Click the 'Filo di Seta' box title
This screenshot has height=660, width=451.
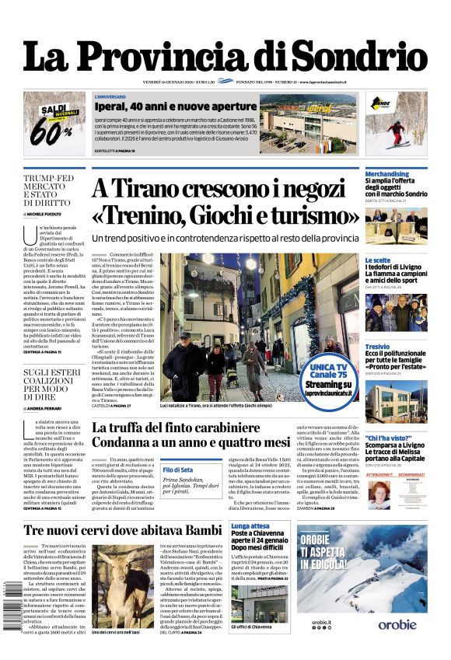[178, 470]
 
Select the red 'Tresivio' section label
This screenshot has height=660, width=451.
[377, 346]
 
